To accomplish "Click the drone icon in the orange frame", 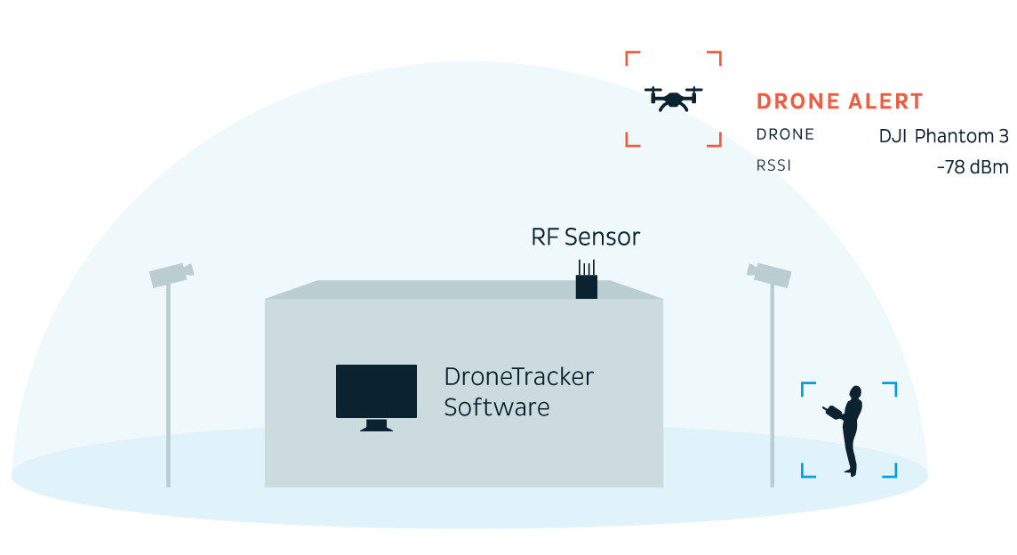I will [675, 98].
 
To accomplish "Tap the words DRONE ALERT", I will [839, 102].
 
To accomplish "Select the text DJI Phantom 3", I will [943, 137].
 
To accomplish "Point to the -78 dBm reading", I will [973, 167].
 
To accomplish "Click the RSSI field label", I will [773, 165].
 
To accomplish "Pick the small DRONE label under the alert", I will [785, 135].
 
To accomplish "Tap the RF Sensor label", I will [585, 237].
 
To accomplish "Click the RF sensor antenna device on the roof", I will [586, 282].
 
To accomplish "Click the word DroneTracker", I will [518, 377].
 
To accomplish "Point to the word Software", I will [496, 408].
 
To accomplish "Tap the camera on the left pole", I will [171, 274].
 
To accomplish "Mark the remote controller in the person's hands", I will [831, 412].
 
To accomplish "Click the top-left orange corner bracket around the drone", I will [632, 58].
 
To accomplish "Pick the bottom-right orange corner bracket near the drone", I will [714, 140].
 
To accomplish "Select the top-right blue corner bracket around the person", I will [891, 389].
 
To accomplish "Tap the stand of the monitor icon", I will [376, 425].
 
